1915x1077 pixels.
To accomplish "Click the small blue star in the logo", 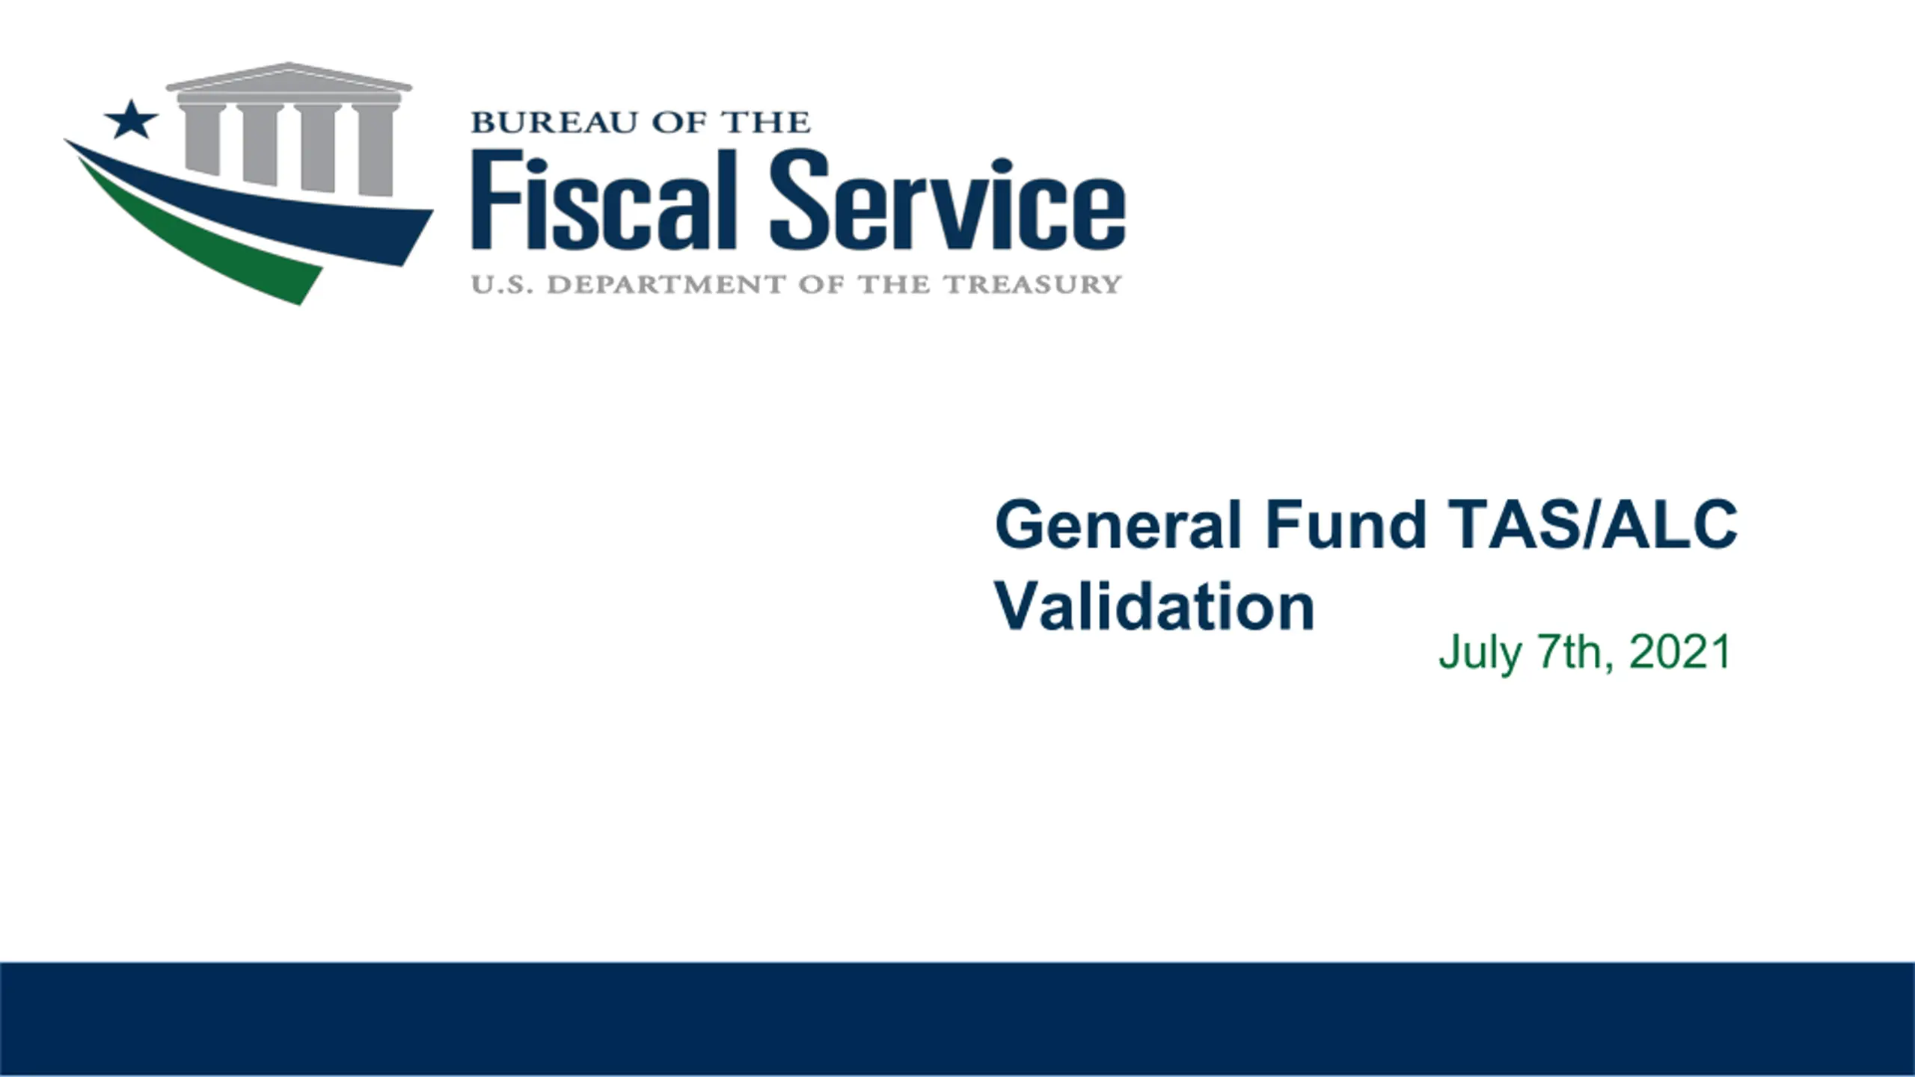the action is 131,120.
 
